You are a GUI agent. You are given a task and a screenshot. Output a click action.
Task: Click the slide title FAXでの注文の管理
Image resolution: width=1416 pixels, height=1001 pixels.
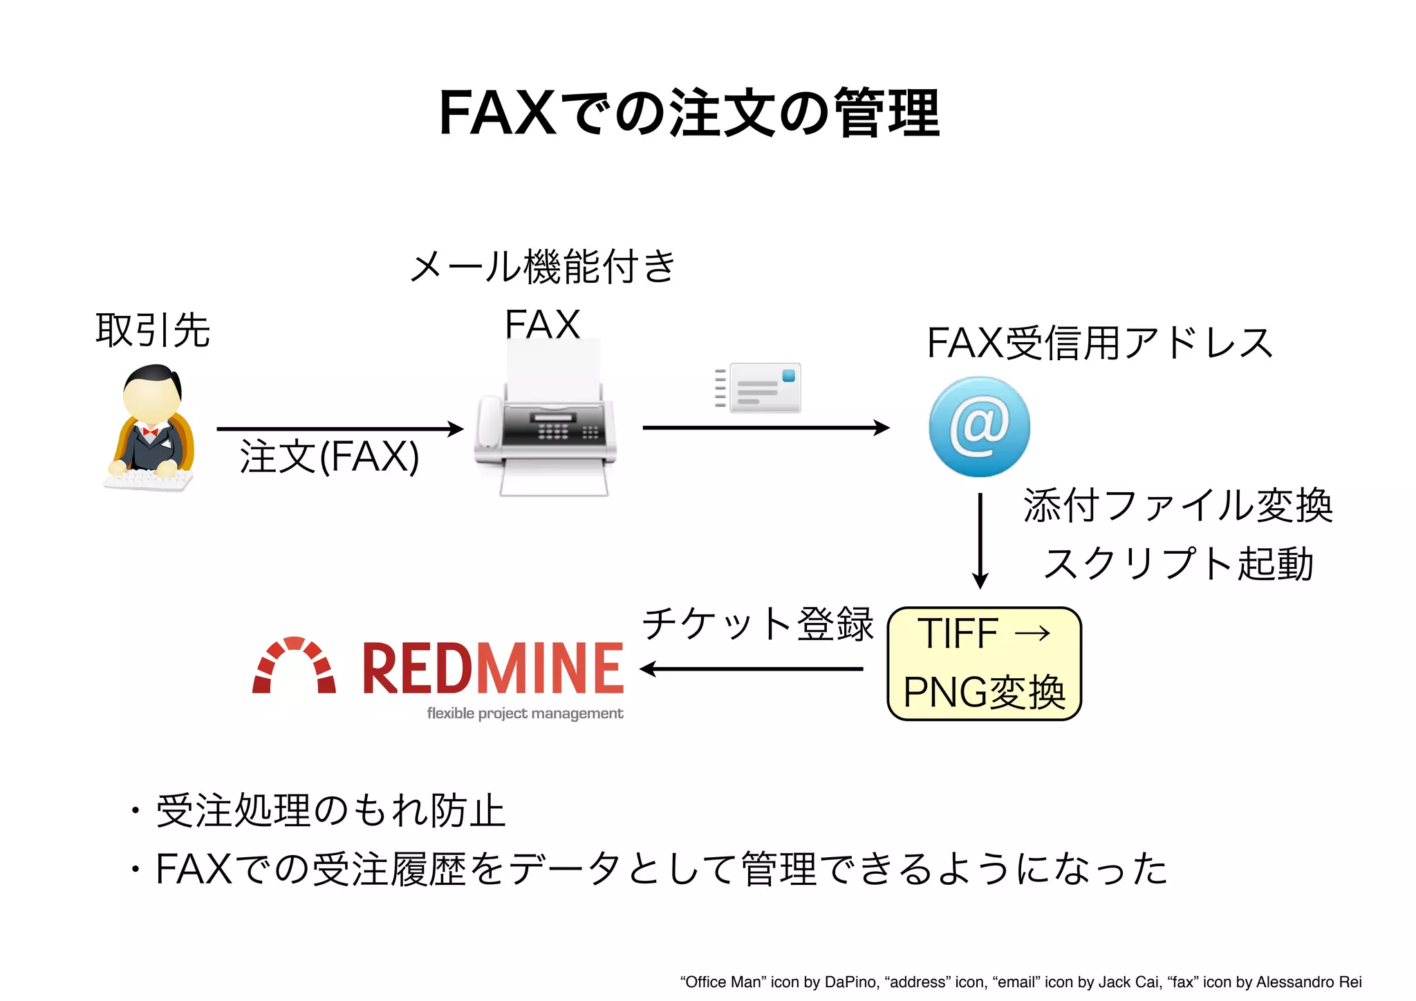coord(689,113)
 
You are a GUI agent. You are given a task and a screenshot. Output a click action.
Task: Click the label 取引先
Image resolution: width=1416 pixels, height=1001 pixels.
coord(153,330)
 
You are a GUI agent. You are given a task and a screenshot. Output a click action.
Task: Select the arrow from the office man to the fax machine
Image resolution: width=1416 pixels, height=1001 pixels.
coord(339,429)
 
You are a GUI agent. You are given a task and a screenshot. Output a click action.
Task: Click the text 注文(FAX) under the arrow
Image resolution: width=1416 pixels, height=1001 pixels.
coord(329,457)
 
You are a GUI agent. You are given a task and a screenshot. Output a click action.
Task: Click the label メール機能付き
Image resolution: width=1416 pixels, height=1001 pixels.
coord(543,266)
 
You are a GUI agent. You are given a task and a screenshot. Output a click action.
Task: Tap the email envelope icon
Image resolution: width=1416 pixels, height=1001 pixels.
coord(759,388)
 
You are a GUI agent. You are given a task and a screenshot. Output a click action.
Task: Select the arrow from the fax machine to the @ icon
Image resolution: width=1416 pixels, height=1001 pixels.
coord(765,428)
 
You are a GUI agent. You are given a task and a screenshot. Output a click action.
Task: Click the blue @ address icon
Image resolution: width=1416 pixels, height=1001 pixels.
coord(979,427)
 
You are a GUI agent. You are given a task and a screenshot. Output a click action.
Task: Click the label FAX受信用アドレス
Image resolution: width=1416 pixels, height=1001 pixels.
coord(1099,343)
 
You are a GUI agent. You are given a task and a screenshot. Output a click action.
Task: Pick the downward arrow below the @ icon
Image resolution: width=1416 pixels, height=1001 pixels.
coord(980,539)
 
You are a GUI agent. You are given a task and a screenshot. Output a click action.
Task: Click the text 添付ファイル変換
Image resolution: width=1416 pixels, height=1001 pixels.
coord(1177,505)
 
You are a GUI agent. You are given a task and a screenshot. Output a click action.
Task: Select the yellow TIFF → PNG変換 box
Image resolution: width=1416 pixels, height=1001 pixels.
coord(984,664)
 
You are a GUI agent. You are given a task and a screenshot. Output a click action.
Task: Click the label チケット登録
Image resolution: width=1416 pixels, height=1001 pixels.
coord(758,624)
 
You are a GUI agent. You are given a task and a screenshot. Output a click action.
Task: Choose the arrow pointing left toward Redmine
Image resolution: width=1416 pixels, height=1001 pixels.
coord(752,668)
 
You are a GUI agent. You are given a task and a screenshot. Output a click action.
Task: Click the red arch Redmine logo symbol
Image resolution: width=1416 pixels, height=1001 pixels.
coord(295,665)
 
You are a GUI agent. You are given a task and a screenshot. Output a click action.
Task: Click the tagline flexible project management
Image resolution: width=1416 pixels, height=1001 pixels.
coord(525,713)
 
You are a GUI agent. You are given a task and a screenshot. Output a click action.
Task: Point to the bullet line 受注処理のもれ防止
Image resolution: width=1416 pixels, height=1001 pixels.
coord(330,810)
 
